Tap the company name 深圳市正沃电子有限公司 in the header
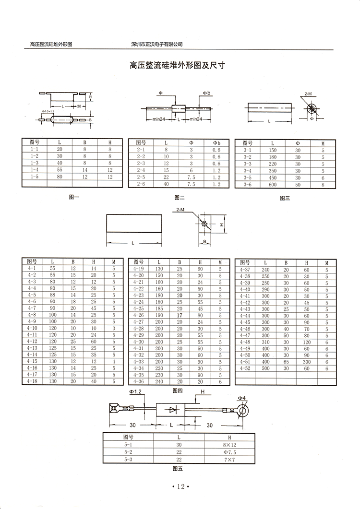[157, 44]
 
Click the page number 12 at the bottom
[180, 486]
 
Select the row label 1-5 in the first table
[34, 177]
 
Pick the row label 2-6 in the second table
[141, 184]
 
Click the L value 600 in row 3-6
[272, 184]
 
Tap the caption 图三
[285, 198]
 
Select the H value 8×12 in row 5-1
[229, 444]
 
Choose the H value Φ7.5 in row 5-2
[229, 452]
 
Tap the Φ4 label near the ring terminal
[241, 398]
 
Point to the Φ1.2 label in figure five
[135, 392]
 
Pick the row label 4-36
[138, 381]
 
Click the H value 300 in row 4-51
[306, 361]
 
